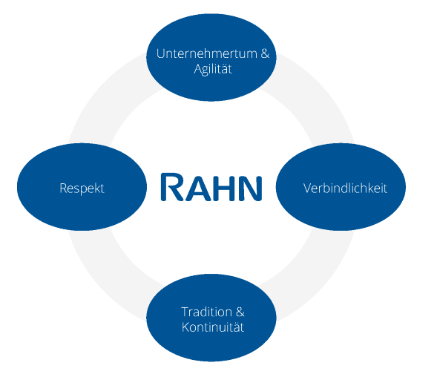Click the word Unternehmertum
[x=206, y=53]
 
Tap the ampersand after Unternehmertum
[x=265, y=53]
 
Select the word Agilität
[x=213, y=69]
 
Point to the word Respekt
[x=82, y=188]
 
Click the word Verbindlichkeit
[x=345, y=188]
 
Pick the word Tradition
[x=206, y=312]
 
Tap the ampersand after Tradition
[x=240, y=312]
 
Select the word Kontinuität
[x=213, y=327]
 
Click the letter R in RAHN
[x=171, y=186]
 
